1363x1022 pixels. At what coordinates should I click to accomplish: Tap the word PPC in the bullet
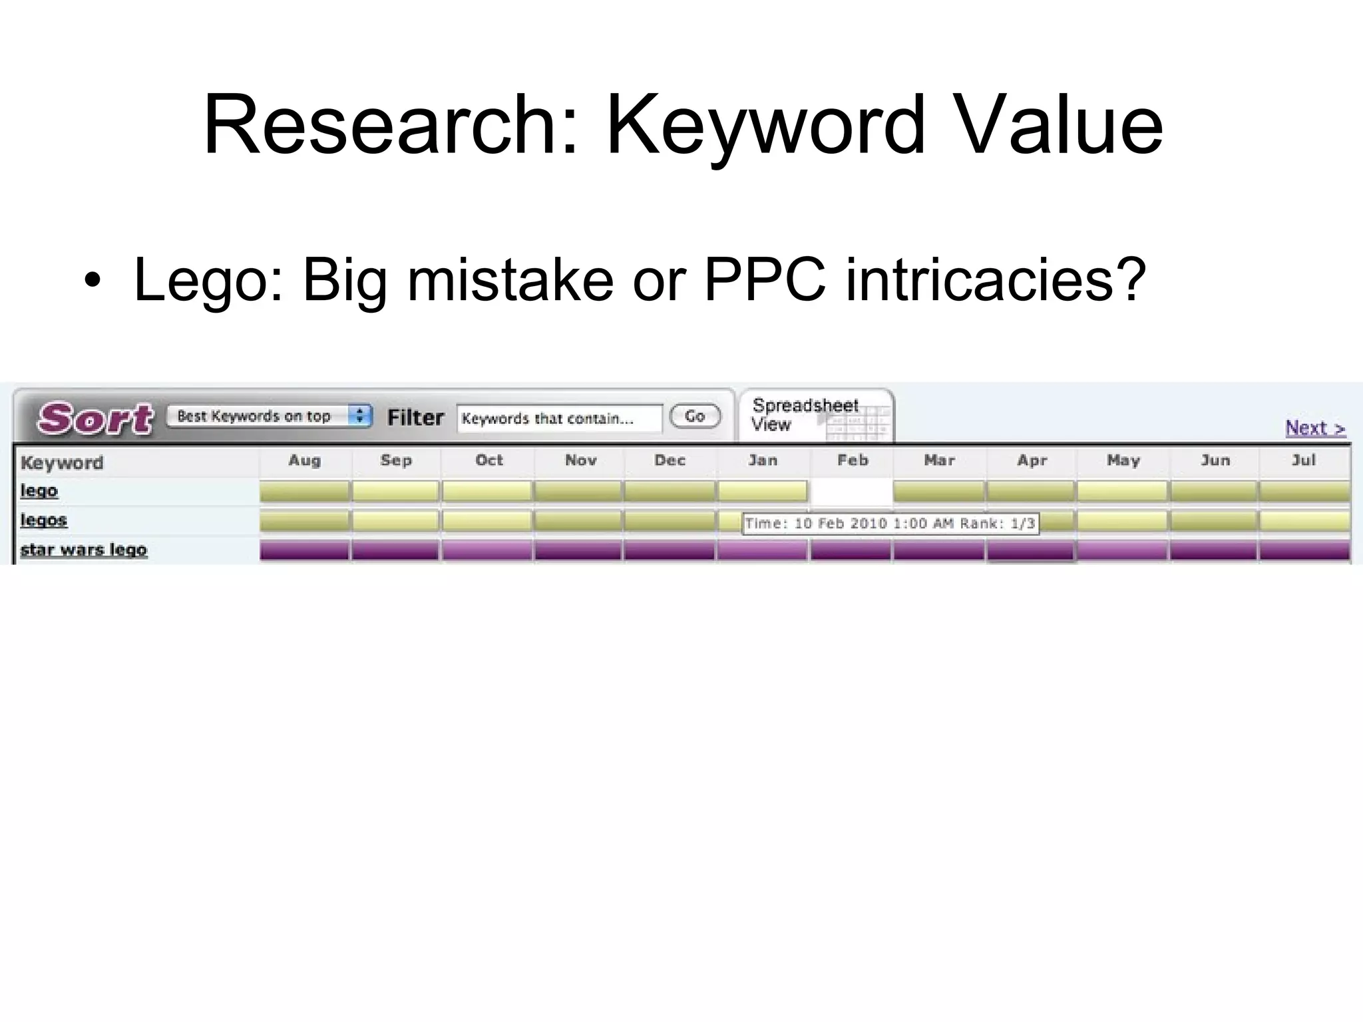coord(765,279)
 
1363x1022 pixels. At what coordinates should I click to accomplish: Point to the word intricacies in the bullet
coord(996,279)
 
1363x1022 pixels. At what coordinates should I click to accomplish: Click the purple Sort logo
coord(95,419)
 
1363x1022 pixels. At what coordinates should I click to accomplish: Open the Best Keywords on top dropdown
coord(268,416)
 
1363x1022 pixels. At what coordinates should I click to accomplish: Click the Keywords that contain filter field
coord(559,419)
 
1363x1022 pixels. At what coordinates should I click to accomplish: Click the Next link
coord(1314,428)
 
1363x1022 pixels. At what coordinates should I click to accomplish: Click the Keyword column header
coord(62,462)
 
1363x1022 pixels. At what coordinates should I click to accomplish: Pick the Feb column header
coord(853,460)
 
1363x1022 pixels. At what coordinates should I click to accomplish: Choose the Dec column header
coord(670,460)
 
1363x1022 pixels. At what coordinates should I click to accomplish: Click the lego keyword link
coord(39,491)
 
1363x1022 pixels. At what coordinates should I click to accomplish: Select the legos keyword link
coord(44,520)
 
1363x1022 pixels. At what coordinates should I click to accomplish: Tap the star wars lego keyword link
coord(84,550)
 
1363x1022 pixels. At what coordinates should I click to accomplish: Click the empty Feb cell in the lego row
coord(851,492)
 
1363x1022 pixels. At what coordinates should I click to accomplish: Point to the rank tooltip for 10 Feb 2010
coord(890,524)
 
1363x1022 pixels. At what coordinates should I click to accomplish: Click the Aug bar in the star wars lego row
coord(304,550)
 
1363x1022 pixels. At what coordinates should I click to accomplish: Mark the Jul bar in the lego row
coord(1304,492)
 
